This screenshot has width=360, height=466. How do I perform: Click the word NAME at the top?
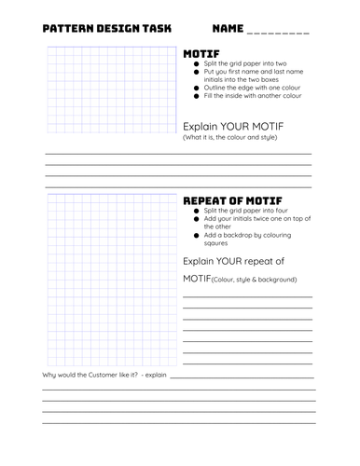point(229,29)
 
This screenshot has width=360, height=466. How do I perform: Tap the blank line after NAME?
point(280,32)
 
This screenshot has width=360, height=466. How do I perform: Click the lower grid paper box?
point(111,280)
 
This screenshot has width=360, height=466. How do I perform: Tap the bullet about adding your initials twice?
point(248,221)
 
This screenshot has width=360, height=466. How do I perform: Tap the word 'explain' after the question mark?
point(155,374)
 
